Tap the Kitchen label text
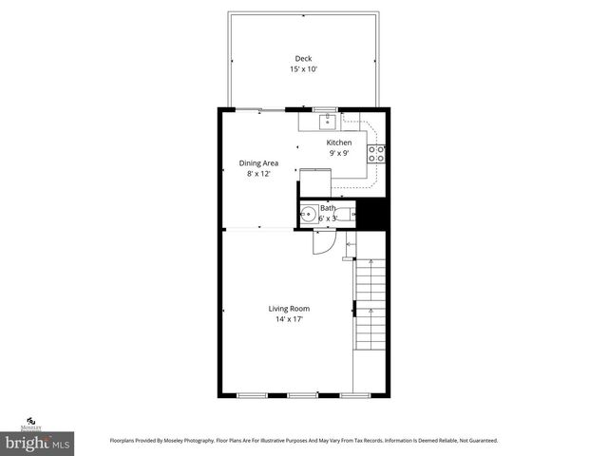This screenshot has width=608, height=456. (339, 142)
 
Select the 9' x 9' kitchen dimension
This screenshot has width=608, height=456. (339, 153)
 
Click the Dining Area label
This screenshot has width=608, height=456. (258, 163)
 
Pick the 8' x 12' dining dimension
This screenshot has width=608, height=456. (258, 174)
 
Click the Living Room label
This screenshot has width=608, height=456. (289, 308)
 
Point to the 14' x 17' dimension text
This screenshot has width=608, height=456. (289, 319)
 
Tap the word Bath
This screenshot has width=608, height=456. (328, 207)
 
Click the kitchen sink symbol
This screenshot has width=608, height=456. (327, 120)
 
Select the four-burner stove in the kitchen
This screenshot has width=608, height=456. (376, 153)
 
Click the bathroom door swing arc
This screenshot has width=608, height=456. (323, 243)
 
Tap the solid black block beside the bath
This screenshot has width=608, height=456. (371, 215)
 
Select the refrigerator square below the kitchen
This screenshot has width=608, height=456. (314, 182)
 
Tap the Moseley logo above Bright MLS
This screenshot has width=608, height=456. (32, 423)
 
